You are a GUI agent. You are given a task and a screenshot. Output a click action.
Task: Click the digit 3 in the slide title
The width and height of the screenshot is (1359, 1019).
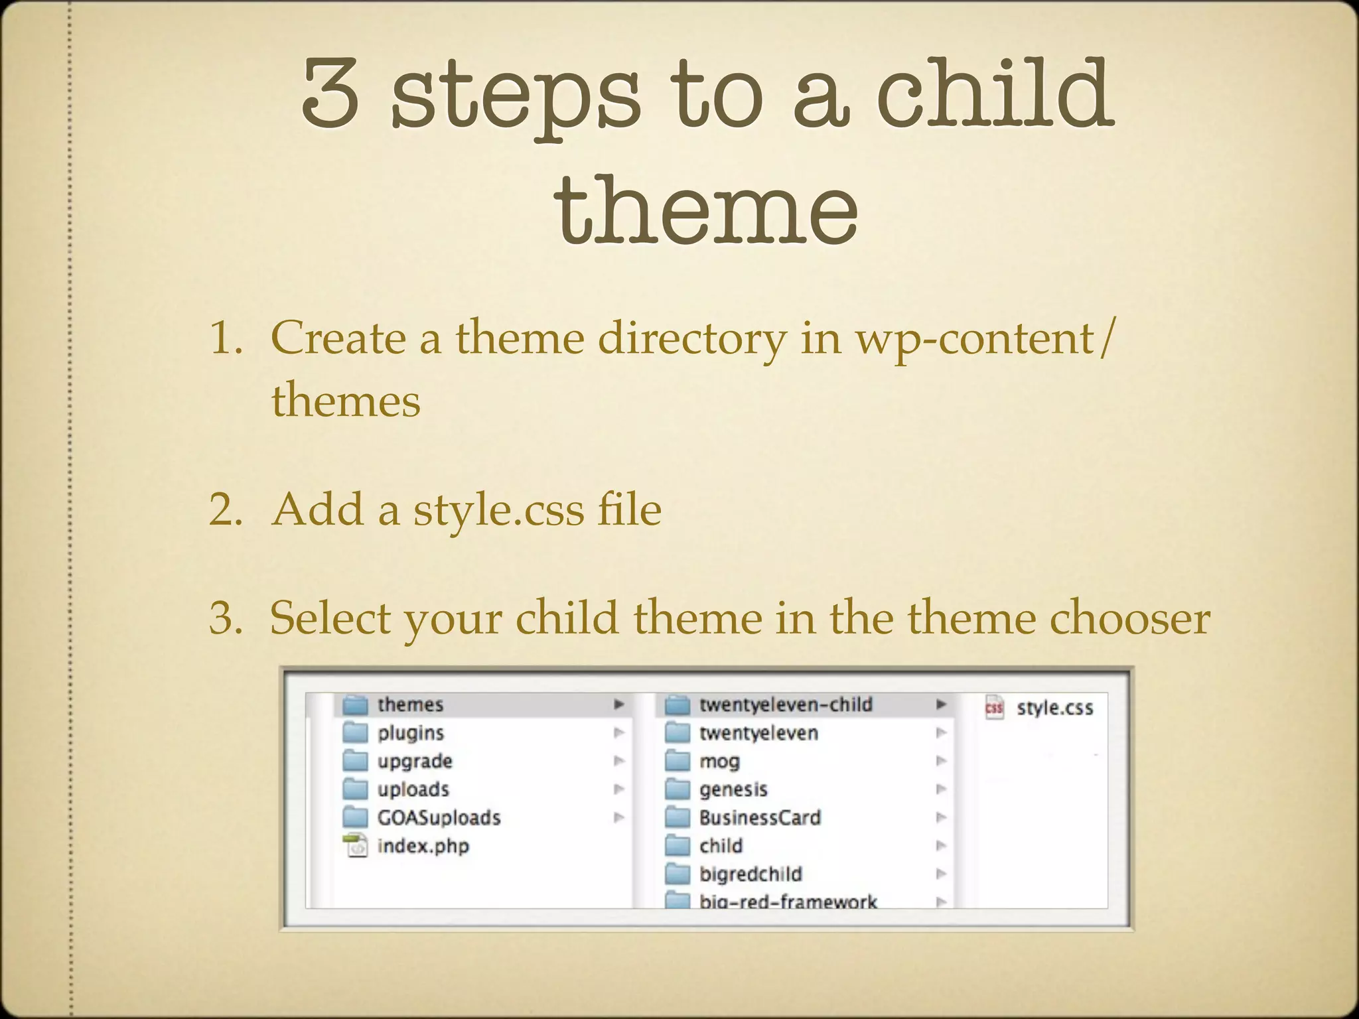tap(330, 93)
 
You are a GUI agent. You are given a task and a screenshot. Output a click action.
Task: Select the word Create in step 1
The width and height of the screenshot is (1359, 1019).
tap(338, 338)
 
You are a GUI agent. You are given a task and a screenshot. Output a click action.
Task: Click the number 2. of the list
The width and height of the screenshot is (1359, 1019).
tap(226, 511)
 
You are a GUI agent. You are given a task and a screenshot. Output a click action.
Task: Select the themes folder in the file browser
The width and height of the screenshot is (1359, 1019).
tap(410, 705)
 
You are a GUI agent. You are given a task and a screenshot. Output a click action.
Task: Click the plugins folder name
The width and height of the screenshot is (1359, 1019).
tap(410, 733)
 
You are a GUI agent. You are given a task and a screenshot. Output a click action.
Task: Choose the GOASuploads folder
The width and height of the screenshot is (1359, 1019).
tap(439, 817)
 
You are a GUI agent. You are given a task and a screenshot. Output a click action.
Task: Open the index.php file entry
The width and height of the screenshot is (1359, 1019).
tap(423, 846)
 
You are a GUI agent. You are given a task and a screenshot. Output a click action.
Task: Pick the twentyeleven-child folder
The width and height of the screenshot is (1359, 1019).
tap(786, 705)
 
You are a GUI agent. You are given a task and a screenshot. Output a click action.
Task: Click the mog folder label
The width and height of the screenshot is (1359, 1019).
tap(719, 761)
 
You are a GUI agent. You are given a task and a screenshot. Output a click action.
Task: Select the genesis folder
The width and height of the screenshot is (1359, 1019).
tap(733, 789)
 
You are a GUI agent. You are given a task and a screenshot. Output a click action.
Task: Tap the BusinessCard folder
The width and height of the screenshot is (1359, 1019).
tap(760, 817)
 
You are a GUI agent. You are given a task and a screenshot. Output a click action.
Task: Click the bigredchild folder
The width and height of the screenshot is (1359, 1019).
tap(751, 874)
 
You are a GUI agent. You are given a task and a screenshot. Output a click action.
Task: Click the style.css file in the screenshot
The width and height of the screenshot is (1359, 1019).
tap(1054, 709)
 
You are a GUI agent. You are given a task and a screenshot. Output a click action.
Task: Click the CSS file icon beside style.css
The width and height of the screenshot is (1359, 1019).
tap(994, 707)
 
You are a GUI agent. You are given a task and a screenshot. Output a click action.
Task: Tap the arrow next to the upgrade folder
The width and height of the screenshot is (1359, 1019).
tap(618, 761)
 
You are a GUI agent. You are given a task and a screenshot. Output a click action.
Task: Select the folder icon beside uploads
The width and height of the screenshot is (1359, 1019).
tap(355, 789)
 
